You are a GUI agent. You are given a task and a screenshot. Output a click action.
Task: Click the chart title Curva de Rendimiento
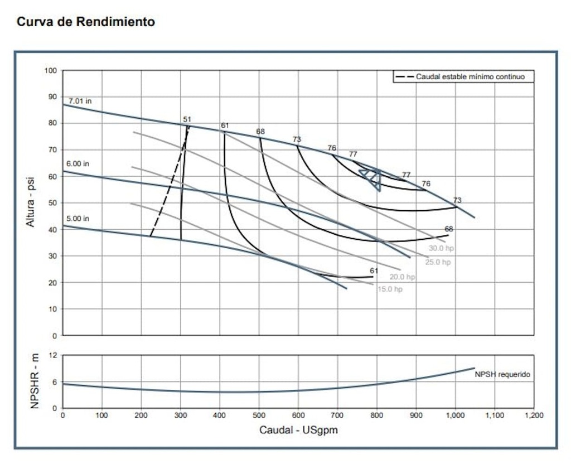point(86,22)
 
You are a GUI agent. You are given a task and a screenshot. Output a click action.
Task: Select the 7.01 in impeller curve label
point(80,101)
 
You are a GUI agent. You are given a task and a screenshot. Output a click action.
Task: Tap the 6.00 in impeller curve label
point(78,164)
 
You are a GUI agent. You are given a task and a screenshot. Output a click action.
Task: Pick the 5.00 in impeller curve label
point(78,219)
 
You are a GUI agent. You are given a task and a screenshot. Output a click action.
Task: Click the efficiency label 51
point(187,119)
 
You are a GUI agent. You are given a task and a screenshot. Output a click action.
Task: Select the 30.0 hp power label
point(440,248)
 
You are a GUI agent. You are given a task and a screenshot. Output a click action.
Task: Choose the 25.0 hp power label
point(438,262)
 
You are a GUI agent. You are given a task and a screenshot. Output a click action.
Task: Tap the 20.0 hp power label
point(402,277)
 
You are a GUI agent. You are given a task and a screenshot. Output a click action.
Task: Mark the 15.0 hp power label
point(389,289)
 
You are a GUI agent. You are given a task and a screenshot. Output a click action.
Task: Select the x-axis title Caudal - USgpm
point(298,430)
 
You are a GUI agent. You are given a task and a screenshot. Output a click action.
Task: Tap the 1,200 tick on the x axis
point(534,415)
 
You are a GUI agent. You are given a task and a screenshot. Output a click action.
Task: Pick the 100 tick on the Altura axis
point(51,71)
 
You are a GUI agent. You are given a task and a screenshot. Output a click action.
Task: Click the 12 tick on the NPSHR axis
point(54,355)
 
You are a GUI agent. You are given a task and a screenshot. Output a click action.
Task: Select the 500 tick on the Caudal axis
point(259,415)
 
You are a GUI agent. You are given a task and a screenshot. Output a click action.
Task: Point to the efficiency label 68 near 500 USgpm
point(260,132)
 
